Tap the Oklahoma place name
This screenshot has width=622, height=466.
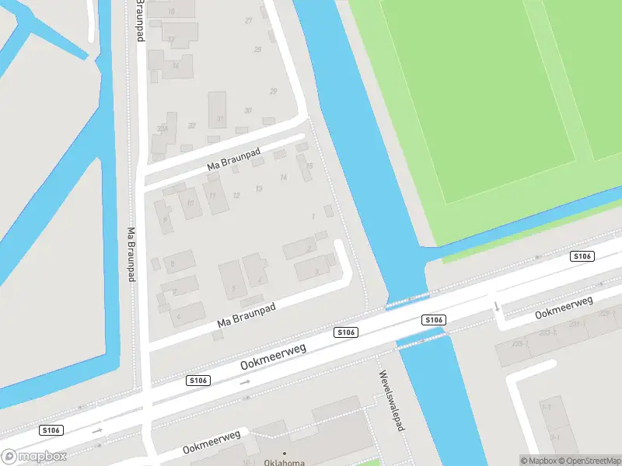284,462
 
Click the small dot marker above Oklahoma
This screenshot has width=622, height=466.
284,453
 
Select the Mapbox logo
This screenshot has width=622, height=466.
34,457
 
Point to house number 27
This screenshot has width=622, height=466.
249,20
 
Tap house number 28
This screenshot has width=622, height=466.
257,49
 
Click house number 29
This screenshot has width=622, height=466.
273,92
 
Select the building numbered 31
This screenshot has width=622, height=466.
220,119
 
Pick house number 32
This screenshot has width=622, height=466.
191,125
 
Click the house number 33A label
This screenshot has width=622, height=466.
162,129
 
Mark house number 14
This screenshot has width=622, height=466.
284,177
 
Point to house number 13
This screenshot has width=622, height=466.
259,189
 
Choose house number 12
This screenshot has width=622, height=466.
236,195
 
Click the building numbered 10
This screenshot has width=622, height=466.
190,203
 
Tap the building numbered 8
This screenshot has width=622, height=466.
172,263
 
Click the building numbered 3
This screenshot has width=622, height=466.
316,271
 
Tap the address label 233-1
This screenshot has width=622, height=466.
548,332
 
